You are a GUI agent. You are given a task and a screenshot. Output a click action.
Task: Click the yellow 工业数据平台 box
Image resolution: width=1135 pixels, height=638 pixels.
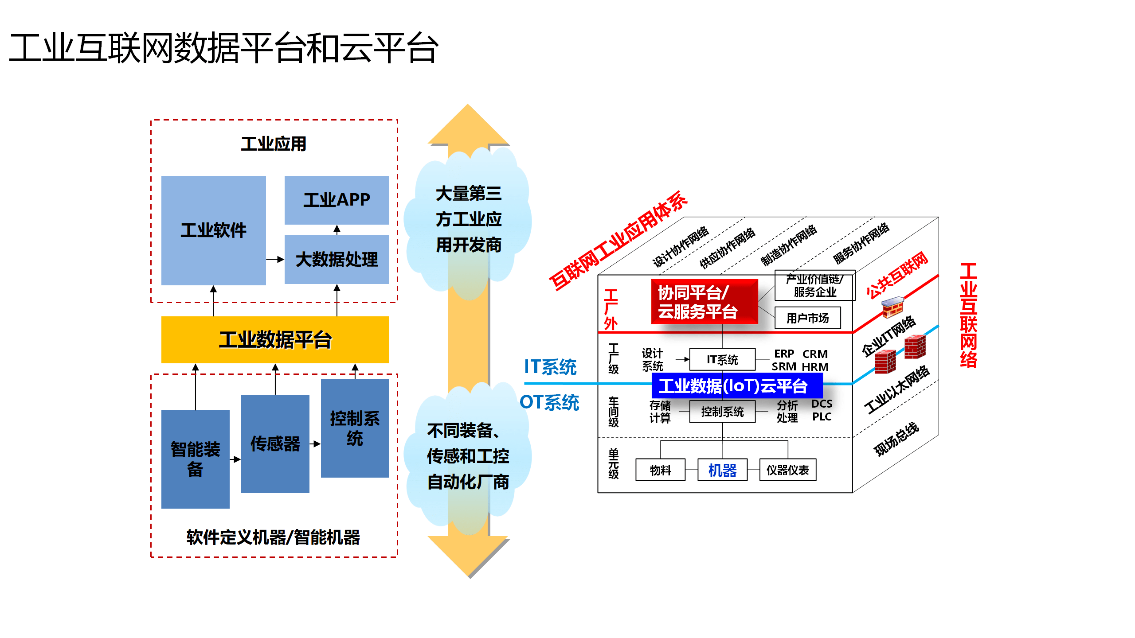[x=275, y=339]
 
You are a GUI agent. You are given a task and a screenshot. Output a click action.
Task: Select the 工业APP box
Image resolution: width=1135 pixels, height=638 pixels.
[x=337, y=200]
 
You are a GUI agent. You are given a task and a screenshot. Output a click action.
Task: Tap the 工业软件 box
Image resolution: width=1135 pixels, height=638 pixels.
[x=213, y=230]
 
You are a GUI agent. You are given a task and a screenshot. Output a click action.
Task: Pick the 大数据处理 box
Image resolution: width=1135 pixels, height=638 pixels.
[x=337, y=259]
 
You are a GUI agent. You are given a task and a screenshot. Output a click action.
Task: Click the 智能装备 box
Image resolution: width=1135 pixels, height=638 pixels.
[x=195, y=459]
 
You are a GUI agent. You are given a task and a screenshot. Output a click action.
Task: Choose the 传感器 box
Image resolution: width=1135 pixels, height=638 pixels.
[x=275, y=443]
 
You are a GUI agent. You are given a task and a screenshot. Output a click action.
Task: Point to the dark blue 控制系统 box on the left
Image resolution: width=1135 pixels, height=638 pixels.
[x=355, y=428]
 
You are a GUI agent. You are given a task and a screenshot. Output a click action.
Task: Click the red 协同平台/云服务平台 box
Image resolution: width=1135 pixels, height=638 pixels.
[x=704, y=302]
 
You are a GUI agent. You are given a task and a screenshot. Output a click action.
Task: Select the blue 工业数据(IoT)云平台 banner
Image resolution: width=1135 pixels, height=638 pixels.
[x=737, y=386]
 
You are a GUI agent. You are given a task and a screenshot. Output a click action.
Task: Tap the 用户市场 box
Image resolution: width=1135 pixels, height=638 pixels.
[x=807, y=318]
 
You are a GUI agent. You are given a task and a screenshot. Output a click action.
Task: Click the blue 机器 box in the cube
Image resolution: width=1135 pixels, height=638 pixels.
[x=722, y=470]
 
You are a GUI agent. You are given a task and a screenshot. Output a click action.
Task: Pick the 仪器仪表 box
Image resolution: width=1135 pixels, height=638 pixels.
[x=787, y=470]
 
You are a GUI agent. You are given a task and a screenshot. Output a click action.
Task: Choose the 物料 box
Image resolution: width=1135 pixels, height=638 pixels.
[x=660, y=470]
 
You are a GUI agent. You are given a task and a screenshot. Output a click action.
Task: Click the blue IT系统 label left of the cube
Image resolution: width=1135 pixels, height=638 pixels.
[x=550, y=367]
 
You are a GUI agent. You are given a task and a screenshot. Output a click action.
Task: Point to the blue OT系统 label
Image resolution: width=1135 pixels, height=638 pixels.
[x=549, y=402]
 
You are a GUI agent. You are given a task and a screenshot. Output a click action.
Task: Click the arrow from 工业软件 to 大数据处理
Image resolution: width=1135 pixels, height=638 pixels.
[x=275, y=259]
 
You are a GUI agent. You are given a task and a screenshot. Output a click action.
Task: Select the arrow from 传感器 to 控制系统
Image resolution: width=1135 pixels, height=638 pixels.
[x=315, y=443]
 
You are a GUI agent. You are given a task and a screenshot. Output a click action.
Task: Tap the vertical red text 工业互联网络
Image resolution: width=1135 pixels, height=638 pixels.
[x=968, y=315]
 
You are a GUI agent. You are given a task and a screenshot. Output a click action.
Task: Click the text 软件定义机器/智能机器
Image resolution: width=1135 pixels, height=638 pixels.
[x=273, y=537]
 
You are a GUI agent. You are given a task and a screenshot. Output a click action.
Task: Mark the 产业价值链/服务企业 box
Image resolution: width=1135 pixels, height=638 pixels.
[x=814, y=286]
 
